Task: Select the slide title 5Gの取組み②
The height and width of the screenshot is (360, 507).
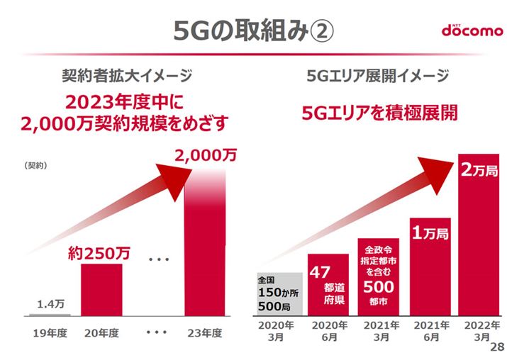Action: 253,30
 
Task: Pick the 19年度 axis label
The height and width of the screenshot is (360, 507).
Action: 50,333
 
